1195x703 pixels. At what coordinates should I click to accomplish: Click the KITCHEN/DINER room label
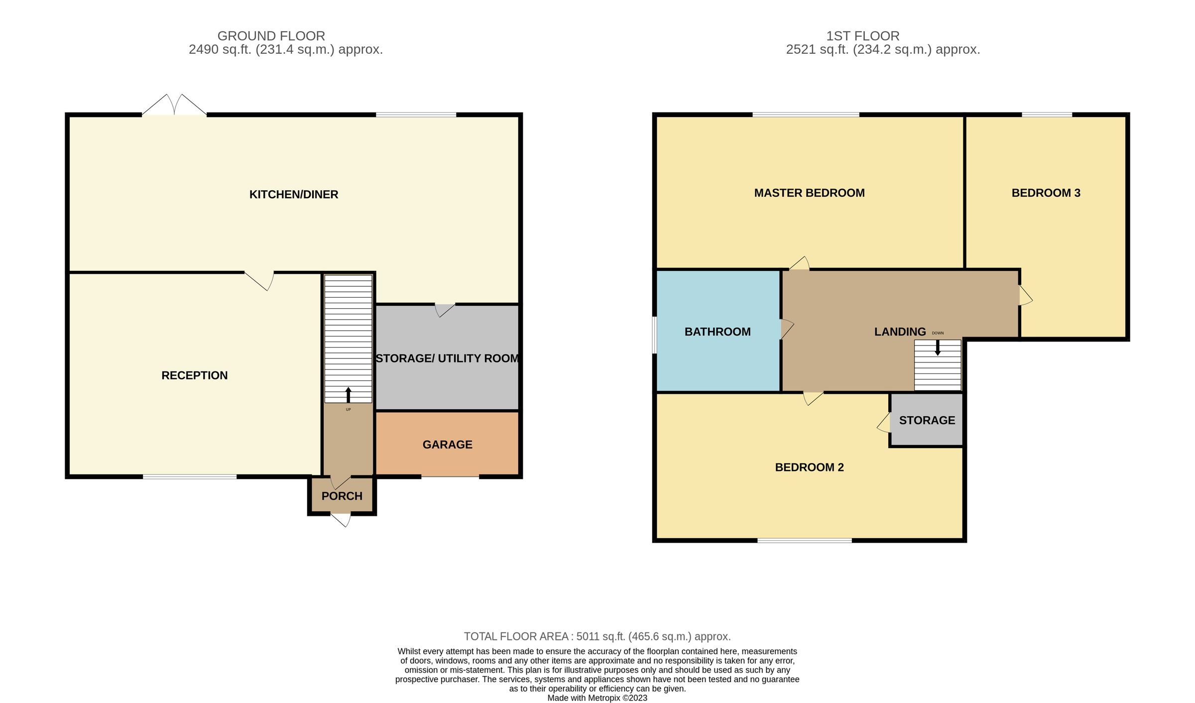point(294,195)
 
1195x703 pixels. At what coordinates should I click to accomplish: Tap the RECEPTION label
point(195,375)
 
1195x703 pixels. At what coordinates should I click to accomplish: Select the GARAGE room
point(447,443)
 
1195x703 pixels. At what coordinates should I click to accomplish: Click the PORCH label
point(342,496)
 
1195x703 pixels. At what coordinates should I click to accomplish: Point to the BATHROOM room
point(717,331)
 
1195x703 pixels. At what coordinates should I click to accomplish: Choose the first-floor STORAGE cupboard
point(927,420)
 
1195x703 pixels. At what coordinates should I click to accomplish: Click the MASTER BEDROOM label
point(809,193)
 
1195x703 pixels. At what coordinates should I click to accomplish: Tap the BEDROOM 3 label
point(1046,193)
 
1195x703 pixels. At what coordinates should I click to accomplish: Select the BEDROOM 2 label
point(809,468)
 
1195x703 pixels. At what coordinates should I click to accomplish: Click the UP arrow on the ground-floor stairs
point(348,395)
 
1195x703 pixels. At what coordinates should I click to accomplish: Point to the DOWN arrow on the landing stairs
point(938,348)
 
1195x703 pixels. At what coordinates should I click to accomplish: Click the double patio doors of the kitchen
point(174,105)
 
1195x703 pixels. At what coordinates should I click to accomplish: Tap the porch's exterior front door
point(341,520)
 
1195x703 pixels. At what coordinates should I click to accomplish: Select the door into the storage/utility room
point(445,310)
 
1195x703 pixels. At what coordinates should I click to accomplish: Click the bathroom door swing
point(787,329)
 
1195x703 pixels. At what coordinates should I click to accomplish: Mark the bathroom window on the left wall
point(655,335)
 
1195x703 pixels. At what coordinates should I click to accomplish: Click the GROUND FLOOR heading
point(271,36)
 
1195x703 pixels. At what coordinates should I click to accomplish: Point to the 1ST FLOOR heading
point(863,36)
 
